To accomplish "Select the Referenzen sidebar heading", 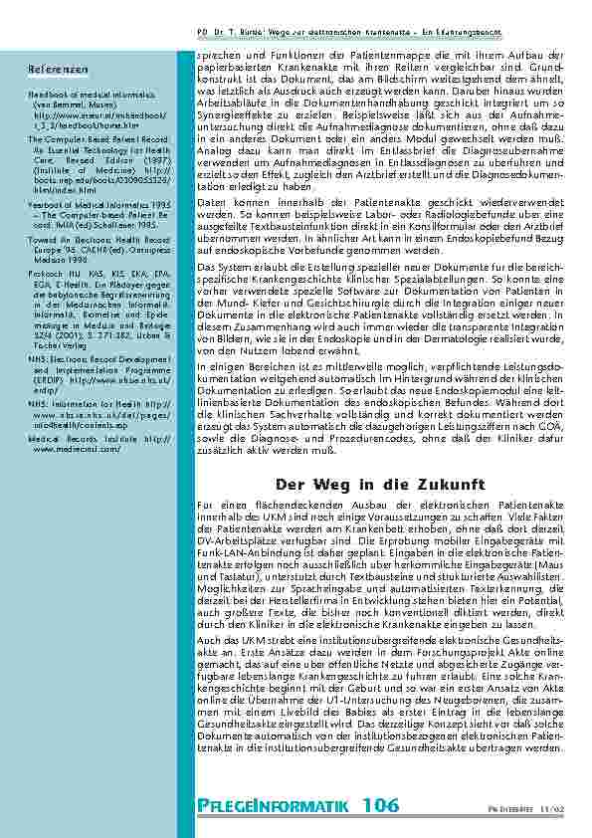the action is click(x=50, y=69).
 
